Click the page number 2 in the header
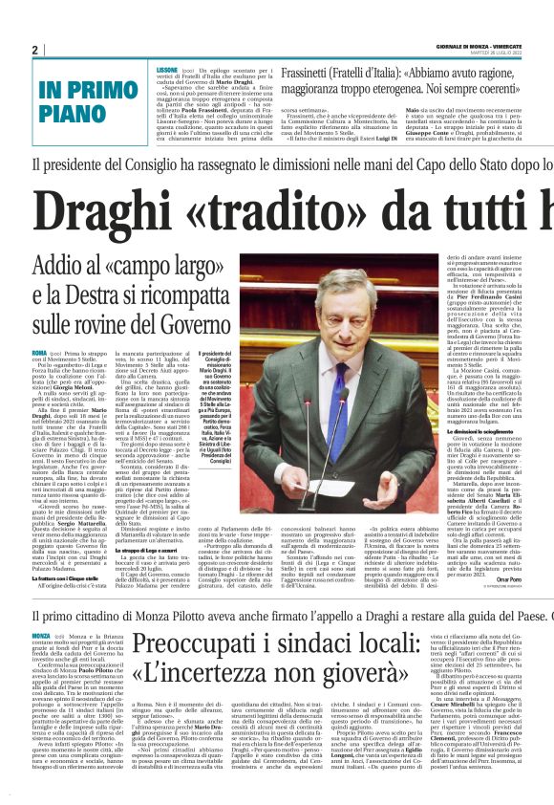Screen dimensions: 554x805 pos(34,49)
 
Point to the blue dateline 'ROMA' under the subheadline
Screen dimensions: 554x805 pos(40,353)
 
